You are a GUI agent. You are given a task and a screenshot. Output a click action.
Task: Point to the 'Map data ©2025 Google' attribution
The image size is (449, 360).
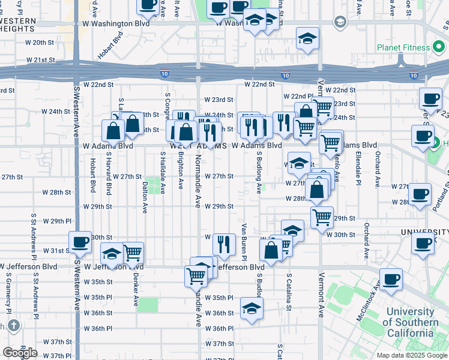pos(412,355)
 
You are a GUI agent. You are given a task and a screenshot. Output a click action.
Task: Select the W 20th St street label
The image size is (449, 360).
pos(40,43)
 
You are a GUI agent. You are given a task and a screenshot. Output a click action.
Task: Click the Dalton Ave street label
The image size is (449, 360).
pos(145,199)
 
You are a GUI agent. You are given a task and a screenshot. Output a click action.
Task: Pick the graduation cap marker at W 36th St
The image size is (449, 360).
pos(252,309)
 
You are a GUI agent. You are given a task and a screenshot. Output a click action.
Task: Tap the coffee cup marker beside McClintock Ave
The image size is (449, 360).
pos(391,279)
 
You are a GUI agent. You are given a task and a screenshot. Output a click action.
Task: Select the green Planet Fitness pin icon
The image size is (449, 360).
pos(439,47)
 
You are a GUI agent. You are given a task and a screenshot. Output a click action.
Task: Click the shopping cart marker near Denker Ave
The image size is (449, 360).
pos(133,253)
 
